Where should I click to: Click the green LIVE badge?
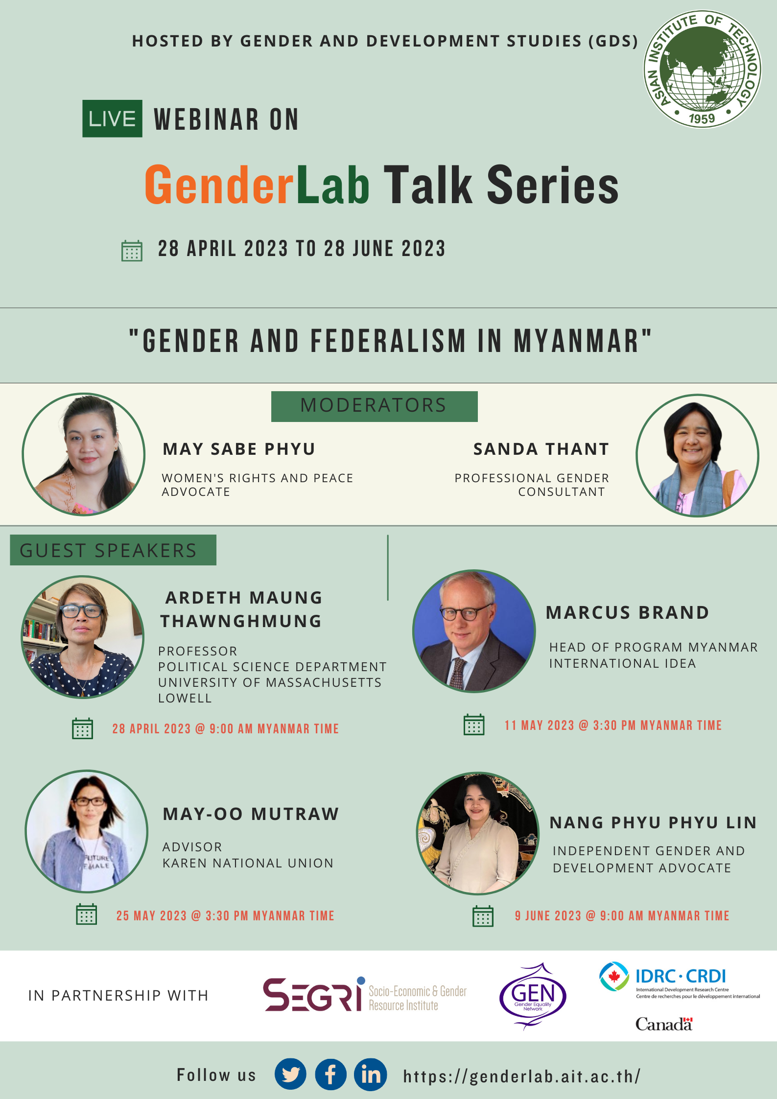[x=112, y=118]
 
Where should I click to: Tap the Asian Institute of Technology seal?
[x=702, y=69]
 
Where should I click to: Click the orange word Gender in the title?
[x=218, y=185]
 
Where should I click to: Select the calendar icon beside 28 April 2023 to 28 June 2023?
[x=132, y=251]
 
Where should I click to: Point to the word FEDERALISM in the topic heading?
[x=388, y=341]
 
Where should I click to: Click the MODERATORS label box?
[x=374, y=406]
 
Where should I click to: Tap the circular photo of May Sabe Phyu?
[x=84, y=454]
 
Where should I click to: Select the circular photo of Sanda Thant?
[x=697, y=455]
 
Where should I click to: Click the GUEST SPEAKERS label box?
[x=113, y=550]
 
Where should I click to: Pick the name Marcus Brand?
[x=627, y=612]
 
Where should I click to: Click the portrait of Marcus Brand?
[x=474, y=631]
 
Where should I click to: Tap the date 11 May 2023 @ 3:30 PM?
[x=613, y=725]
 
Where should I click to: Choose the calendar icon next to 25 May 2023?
[x=87, y=914]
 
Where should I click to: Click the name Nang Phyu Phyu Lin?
[x=653, y=822]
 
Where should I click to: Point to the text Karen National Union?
[x=248, y=863]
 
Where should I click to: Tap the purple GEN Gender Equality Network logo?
[x=533, y=996]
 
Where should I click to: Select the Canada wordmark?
[x=663, y=1024]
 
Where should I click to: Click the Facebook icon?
[x=330, y=1075]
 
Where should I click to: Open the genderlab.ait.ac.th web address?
[x=521, y=1076]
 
